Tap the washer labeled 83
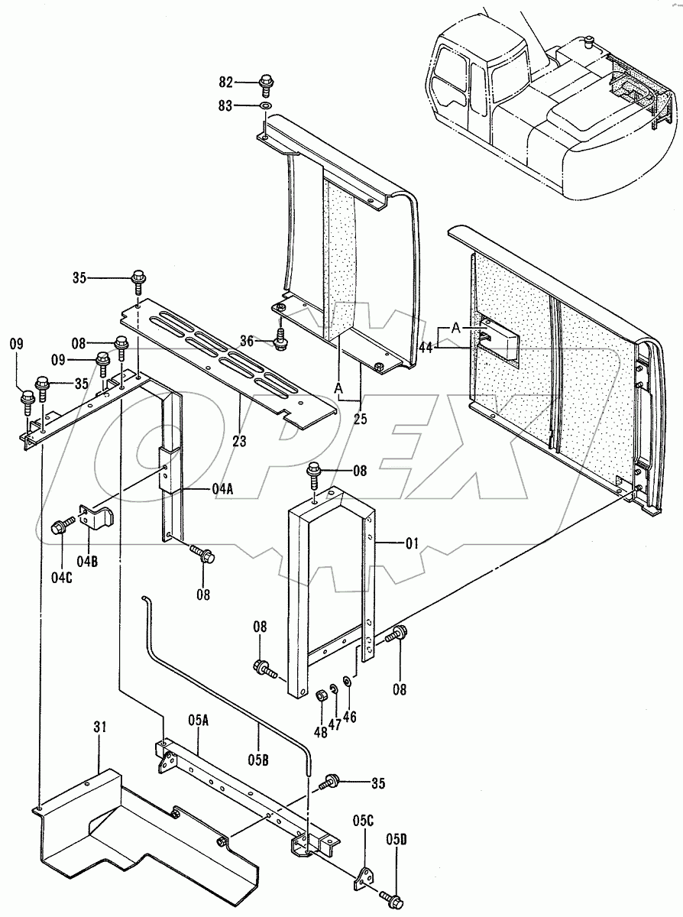point(266,105)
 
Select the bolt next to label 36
point(280,337)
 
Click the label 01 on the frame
point(412,543)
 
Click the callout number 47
point(334,686)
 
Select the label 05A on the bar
point(198,719)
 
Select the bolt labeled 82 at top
point(267,83)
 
